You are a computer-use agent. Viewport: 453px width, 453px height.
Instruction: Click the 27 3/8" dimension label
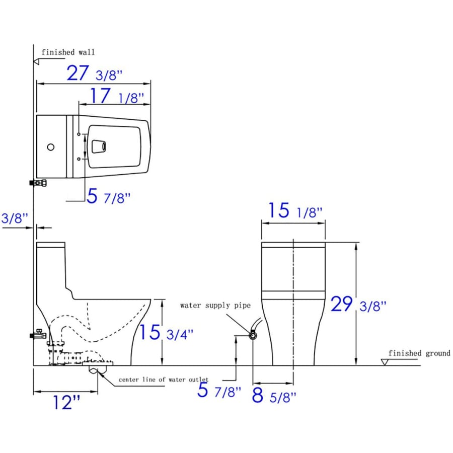coord(95,73)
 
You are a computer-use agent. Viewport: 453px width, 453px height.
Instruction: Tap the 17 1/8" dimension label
coord(117,96)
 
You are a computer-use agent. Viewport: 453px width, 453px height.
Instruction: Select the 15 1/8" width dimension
coord(295,210)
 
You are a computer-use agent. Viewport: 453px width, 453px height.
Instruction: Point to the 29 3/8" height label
coord(358,304)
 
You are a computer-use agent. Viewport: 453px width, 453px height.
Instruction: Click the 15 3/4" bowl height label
coord(166,332)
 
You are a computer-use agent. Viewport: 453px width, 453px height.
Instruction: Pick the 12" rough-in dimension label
coord(66,402)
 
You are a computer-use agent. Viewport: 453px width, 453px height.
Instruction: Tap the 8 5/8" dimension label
coord(274,396)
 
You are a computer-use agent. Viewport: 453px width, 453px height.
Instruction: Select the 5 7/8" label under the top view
coord(108,196)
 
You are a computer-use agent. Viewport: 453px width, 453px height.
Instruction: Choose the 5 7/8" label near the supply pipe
coord(219,390)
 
